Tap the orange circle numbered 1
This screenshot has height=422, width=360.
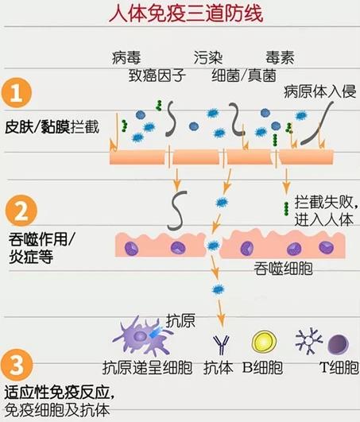(x=17, y=93)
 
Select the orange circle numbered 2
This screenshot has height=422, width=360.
(x=21, y=211)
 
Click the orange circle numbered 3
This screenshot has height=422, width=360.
(x=17, y=365)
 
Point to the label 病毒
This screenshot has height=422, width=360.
(x=126, y=57)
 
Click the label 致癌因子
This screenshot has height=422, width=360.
(x=157, y=75)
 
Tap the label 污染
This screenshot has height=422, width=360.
(x=208, y=57)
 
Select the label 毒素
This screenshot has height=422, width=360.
(x=280, y=57)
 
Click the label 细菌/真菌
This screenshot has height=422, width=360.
(x=244, y=75)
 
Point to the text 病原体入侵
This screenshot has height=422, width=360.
(x=320, y=91)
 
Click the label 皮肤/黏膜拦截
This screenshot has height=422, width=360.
(x=52, y=127)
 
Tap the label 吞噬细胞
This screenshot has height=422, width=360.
(x=283, y=269)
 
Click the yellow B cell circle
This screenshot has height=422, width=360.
(x=264, y=342)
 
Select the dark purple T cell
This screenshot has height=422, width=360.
(x=339, y=344)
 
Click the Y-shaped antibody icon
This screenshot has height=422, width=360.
(x=221, y=345)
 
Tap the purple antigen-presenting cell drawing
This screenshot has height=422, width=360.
(x=142, y=336)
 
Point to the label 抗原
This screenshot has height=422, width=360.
(x=180, y=321)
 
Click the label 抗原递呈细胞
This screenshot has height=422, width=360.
(x=148, y=367)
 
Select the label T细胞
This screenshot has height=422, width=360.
(x=339, y=367)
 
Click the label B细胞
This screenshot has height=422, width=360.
(x=262, y=367)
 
